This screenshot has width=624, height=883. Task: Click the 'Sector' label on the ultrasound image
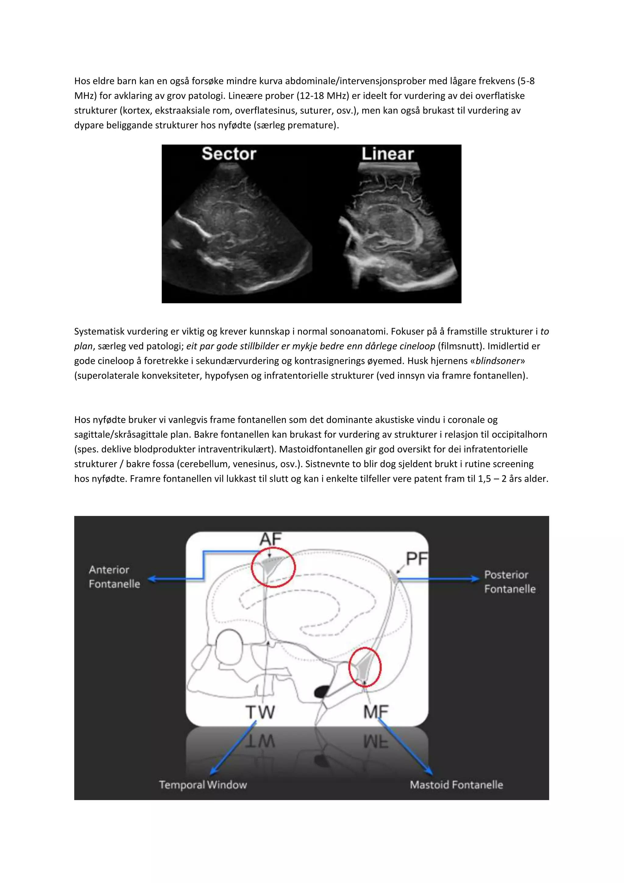coord(229,154)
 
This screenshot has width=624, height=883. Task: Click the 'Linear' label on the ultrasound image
coord(387,154)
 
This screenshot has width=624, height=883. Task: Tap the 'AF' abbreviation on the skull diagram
coord(271,539)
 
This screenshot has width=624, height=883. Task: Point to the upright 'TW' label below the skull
coord(260,712)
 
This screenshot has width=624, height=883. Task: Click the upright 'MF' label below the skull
coord(376,712)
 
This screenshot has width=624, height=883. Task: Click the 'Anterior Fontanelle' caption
coord(114,577)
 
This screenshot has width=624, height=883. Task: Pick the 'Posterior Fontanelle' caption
coord(509,582)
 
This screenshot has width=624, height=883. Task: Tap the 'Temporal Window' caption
coord(203,785)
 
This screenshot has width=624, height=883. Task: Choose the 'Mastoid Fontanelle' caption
coord(456,785)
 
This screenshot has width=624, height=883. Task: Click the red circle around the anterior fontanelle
coord(273,567)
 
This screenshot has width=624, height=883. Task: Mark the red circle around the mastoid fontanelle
coord(365,667)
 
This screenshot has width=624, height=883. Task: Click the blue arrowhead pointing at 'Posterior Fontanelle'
coord(476,578)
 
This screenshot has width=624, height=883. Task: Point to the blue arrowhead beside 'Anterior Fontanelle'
coord(152,579)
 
